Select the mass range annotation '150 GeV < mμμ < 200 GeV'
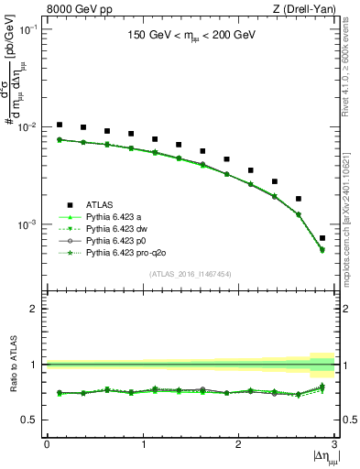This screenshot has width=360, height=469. tap(190, 38)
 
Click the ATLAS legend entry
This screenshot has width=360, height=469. tap(101, 204)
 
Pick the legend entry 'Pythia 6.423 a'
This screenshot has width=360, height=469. tap(116, 216)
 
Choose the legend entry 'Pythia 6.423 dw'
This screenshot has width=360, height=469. tap(119, 228)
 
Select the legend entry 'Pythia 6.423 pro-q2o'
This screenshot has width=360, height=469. tap(128, 252)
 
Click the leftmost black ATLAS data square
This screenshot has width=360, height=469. tap(60, 125)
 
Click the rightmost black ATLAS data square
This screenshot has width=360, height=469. tap(322, 238)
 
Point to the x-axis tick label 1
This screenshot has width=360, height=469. tap(142, 444)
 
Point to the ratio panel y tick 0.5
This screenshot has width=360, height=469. tap(34, 420)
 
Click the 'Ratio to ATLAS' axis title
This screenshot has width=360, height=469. tap(13, 365)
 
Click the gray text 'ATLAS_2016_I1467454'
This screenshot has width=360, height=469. tap(190, 274)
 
